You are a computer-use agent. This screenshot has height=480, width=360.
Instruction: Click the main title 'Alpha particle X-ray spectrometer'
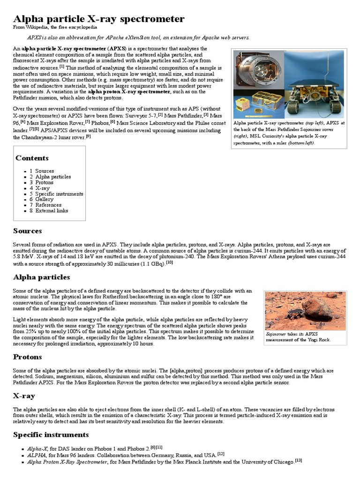[x=98, y=19]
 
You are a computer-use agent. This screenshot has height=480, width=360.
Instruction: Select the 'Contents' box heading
[x=32, y=158]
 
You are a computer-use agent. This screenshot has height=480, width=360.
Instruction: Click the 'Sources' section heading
[x=27, y=231]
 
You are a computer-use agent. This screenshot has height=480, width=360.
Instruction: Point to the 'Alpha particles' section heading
[x=41, y=277]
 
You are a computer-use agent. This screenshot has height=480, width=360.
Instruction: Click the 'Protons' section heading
[x=27, y=357]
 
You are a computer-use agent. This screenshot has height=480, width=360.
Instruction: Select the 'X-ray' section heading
[x=24, y=396]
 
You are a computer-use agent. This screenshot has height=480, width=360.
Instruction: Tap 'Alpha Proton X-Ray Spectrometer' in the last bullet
[x=67, y=462]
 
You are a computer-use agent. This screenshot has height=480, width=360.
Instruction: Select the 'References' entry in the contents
[x=48, y=205]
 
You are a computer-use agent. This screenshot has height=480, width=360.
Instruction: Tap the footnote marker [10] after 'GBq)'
[x=169, y=262]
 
